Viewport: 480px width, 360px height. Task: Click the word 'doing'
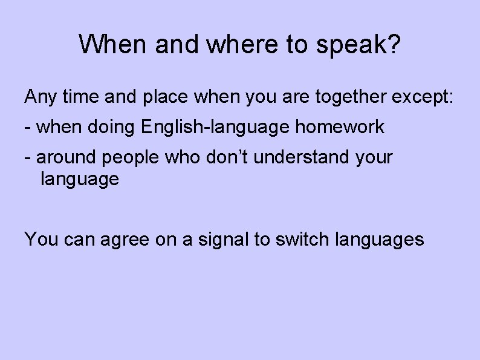point(115,127)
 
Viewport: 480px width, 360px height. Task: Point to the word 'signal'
point(219,240)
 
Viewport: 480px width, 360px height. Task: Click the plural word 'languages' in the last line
point(380,240)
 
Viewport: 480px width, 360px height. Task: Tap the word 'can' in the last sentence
point(79,240)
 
